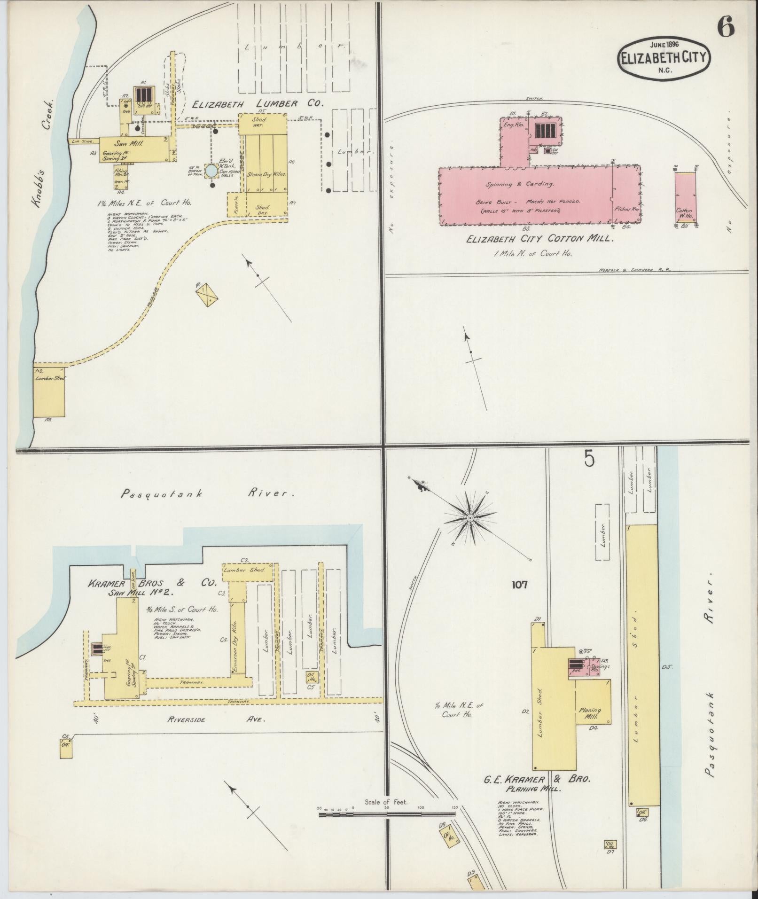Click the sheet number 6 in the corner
point(726,29)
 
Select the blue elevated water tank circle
point(211,171)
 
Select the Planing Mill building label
point(592,713)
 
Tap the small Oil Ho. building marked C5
point(311,677)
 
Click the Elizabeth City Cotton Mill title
point(540,239)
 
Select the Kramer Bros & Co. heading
point(151,583)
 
